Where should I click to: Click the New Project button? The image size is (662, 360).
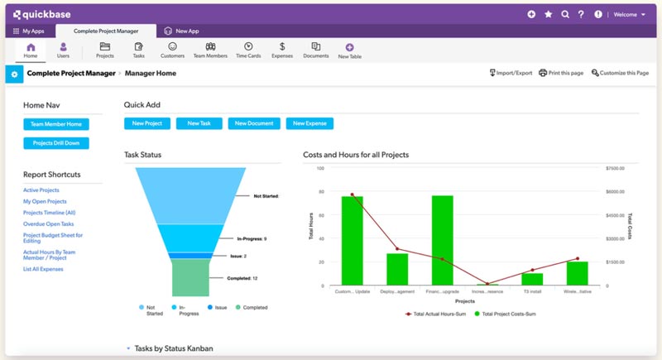pos(147,123)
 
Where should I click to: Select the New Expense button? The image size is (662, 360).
pos(309,123)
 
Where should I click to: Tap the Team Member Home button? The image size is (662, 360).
pos(56,124)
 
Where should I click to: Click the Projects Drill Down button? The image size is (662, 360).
pos(56,143)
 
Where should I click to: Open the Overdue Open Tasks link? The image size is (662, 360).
pos(49,223)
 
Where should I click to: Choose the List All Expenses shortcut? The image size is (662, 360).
pos(43,269)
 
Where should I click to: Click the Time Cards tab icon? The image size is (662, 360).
pos(248,47)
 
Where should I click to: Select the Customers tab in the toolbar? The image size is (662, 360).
pos(172,50)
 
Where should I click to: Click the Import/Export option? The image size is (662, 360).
pos(511,73)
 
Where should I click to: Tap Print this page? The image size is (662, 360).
pos(561,73)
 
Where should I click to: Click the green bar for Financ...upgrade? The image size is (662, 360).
pos(443,240)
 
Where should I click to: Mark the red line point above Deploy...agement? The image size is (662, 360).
pos(397,248)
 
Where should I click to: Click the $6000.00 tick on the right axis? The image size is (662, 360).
pos(617,191)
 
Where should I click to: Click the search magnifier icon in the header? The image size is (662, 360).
pos(565,14)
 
